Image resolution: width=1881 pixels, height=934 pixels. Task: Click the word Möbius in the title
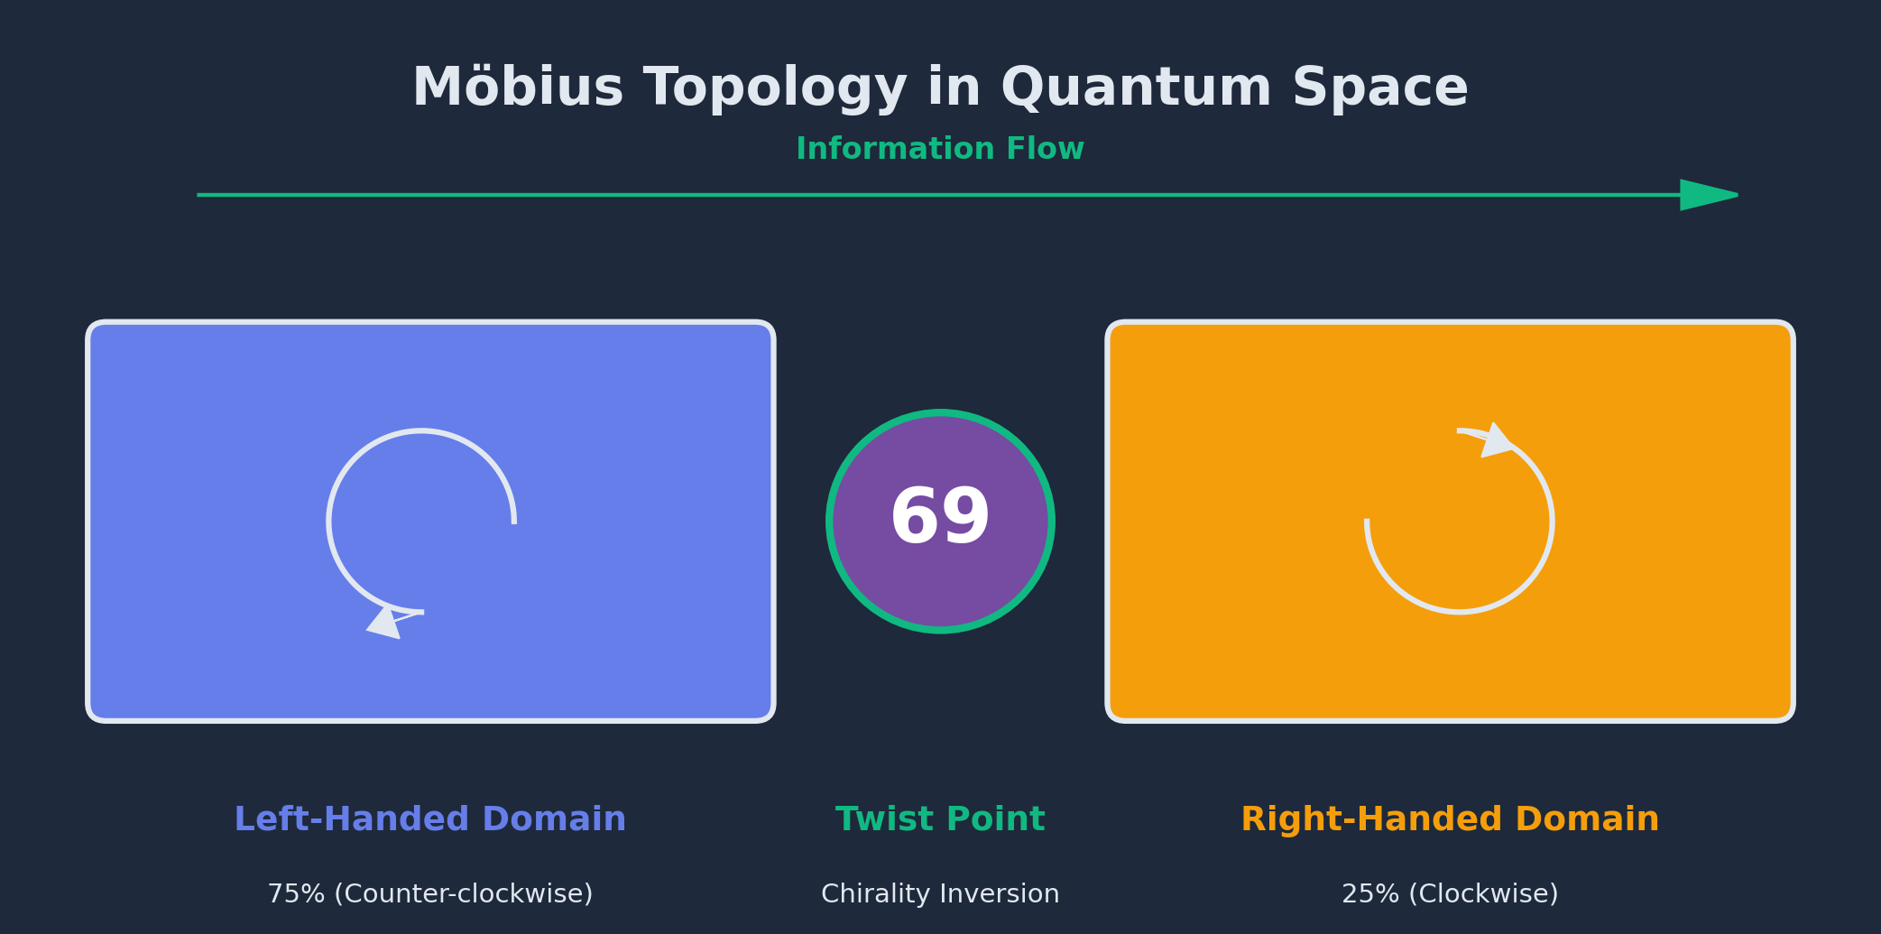click(518, 88)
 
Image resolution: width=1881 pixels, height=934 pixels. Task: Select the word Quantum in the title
click(1136, 88)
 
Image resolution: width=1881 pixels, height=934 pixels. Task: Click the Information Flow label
click(940, 149)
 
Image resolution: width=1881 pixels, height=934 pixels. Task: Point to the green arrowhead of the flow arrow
click(1709, 195)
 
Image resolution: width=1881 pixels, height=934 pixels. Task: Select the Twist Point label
click(940, 819)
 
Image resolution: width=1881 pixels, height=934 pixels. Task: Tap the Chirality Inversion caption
click(940, 894)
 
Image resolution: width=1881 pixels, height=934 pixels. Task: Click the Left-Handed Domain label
click(429, 819)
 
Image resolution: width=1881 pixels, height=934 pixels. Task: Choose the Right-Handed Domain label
click(1450, 819)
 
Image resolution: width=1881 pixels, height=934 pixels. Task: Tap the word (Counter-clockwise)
click(464, 894)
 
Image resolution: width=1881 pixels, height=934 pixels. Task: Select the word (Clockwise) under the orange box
click(1483, 894)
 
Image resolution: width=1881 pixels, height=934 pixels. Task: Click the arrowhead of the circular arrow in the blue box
click(386, 623)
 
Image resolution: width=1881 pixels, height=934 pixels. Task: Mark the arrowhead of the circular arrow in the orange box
click(1496, 440)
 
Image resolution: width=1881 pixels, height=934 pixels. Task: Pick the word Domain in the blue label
click(554, 819)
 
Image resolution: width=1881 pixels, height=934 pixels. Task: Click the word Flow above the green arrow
click(1046, 149)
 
